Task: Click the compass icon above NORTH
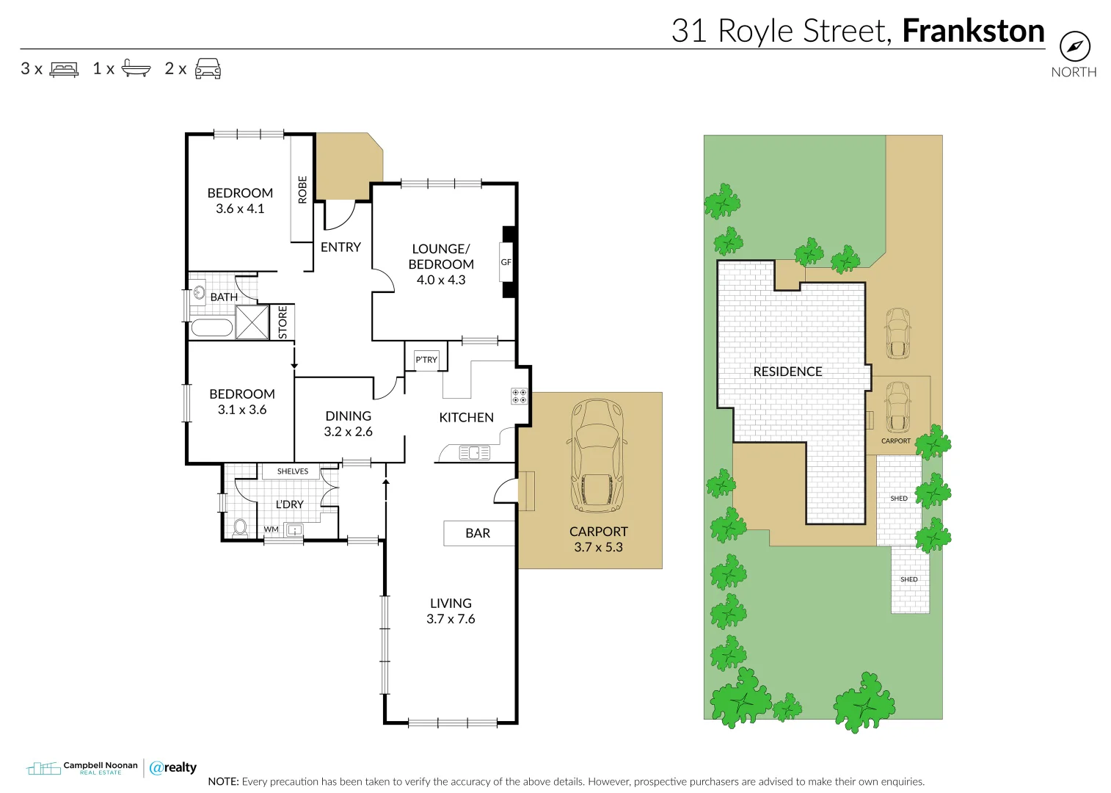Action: point(1074,47)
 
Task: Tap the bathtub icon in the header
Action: point(136,68)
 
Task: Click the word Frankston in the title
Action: point(973,31)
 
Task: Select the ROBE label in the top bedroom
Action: point(302,189)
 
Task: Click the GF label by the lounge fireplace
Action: point(506,262)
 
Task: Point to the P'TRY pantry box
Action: point(426,359)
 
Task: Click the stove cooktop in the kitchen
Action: point(519,396)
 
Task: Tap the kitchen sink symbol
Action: point(474,453)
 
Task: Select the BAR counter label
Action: point(478,533)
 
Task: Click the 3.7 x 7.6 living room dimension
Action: point(451,619)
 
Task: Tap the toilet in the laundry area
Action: point(239,527)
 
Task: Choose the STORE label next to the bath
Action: point(283,322)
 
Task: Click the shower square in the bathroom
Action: point(252,322)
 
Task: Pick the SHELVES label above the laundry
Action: point(293,471)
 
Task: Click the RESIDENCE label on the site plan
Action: point(787,372)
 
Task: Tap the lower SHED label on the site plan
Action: point(908,579)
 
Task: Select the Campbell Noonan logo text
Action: point(100,765)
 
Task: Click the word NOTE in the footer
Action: point(223,781)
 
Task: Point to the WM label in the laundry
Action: point(272,529)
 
